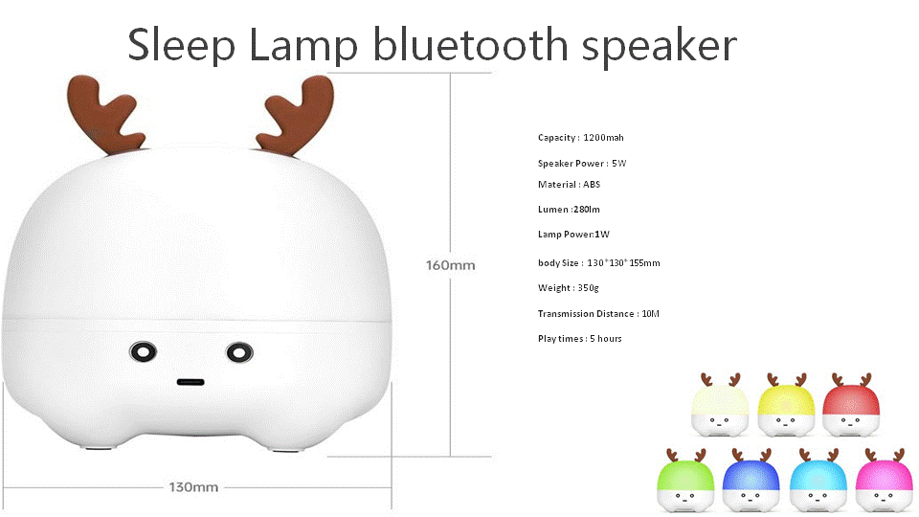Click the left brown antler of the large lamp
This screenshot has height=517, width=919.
point(105,114)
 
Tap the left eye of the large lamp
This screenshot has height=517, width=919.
point(143,352)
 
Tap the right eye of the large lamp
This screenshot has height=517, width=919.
point(239,353)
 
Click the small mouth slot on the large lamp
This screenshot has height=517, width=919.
point(191,382)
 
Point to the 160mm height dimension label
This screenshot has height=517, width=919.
point(450,265)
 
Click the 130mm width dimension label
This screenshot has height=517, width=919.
point(193,487)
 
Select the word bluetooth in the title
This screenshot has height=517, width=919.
point(471,45)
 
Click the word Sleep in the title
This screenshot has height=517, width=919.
point(181,46)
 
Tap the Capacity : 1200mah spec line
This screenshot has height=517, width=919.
point(581,138)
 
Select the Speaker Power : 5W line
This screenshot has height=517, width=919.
point(582,164)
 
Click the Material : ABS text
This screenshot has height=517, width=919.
point(569,185)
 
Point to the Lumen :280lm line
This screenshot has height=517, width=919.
point(569,210)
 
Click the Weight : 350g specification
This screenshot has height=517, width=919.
point(568,288)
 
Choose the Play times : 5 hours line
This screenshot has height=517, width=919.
point(580,339)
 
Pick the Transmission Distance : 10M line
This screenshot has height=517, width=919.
point(598,314)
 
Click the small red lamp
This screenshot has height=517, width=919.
point(850,405)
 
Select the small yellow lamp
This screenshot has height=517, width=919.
point(785,405)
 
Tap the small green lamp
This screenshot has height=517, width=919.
point(685,481)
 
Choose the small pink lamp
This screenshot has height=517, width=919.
point(885,481)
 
